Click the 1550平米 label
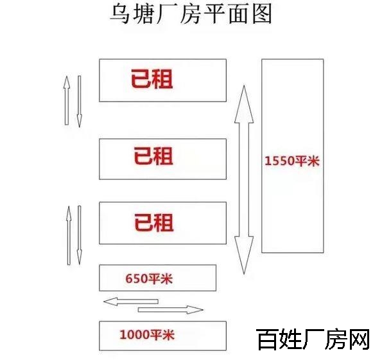tap(292, 161)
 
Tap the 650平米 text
tap(149, 278)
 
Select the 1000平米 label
tap(147, 334)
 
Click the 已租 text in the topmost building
tap(152, 79)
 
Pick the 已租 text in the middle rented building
tap(153, 156)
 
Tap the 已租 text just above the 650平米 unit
tap(154, 222)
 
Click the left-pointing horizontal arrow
tap(131, 302)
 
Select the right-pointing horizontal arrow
tap(171, 310)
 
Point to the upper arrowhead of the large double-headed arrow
tap(244, 104)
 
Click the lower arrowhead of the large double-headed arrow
tap(244, 255)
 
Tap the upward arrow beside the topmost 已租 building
tap(67, 100)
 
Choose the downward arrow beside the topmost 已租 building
tap(79, 102)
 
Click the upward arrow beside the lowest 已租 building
tap(69, 235)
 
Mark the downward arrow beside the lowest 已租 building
tap(79, 235)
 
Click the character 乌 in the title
tap(120, 14)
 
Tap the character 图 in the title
tap(262, 14)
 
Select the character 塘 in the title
tap(143, 14)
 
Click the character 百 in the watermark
tap(267, 339)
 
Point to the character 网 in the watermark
tap(359, 339)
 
